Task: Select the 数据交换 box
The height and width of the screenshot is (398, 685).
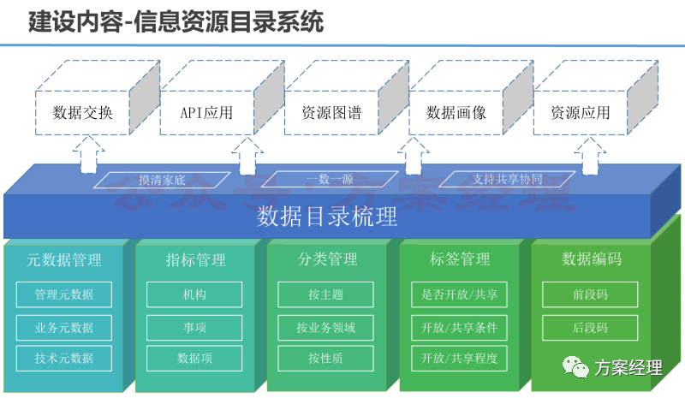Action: [x=82, y=113]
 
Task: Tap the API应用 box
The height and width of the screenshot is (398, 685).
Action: [x=206, y=113]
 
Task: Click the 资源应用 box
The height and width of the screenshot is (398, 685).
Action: [x=581, y=113]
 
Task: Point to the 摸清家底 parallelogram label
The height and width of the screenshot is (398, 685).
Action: [x=163, y=180]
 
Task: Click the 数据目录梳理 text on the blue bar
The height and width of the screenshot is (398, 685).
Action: [x=328, y=217]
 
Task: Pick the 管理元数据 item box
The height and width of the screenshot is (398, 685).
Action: [x=64, y=295]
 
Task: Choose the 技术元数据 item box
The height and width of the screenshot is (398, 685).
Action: [x=64, y=357]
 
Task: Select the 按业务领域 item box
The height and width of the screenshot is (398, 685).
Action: [x=326, y=326]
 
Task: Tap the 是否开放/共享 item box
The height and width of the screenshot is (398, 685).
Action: [x=460, y=295]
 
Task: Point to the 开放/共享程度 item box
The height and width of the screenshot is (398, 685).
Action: [x=460, y=357]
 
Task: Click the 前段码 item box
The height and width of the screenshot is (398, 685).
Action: [x=591, y=295]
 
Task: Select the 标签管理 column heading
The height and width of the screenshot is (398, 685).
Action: [x=460, y=259]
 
